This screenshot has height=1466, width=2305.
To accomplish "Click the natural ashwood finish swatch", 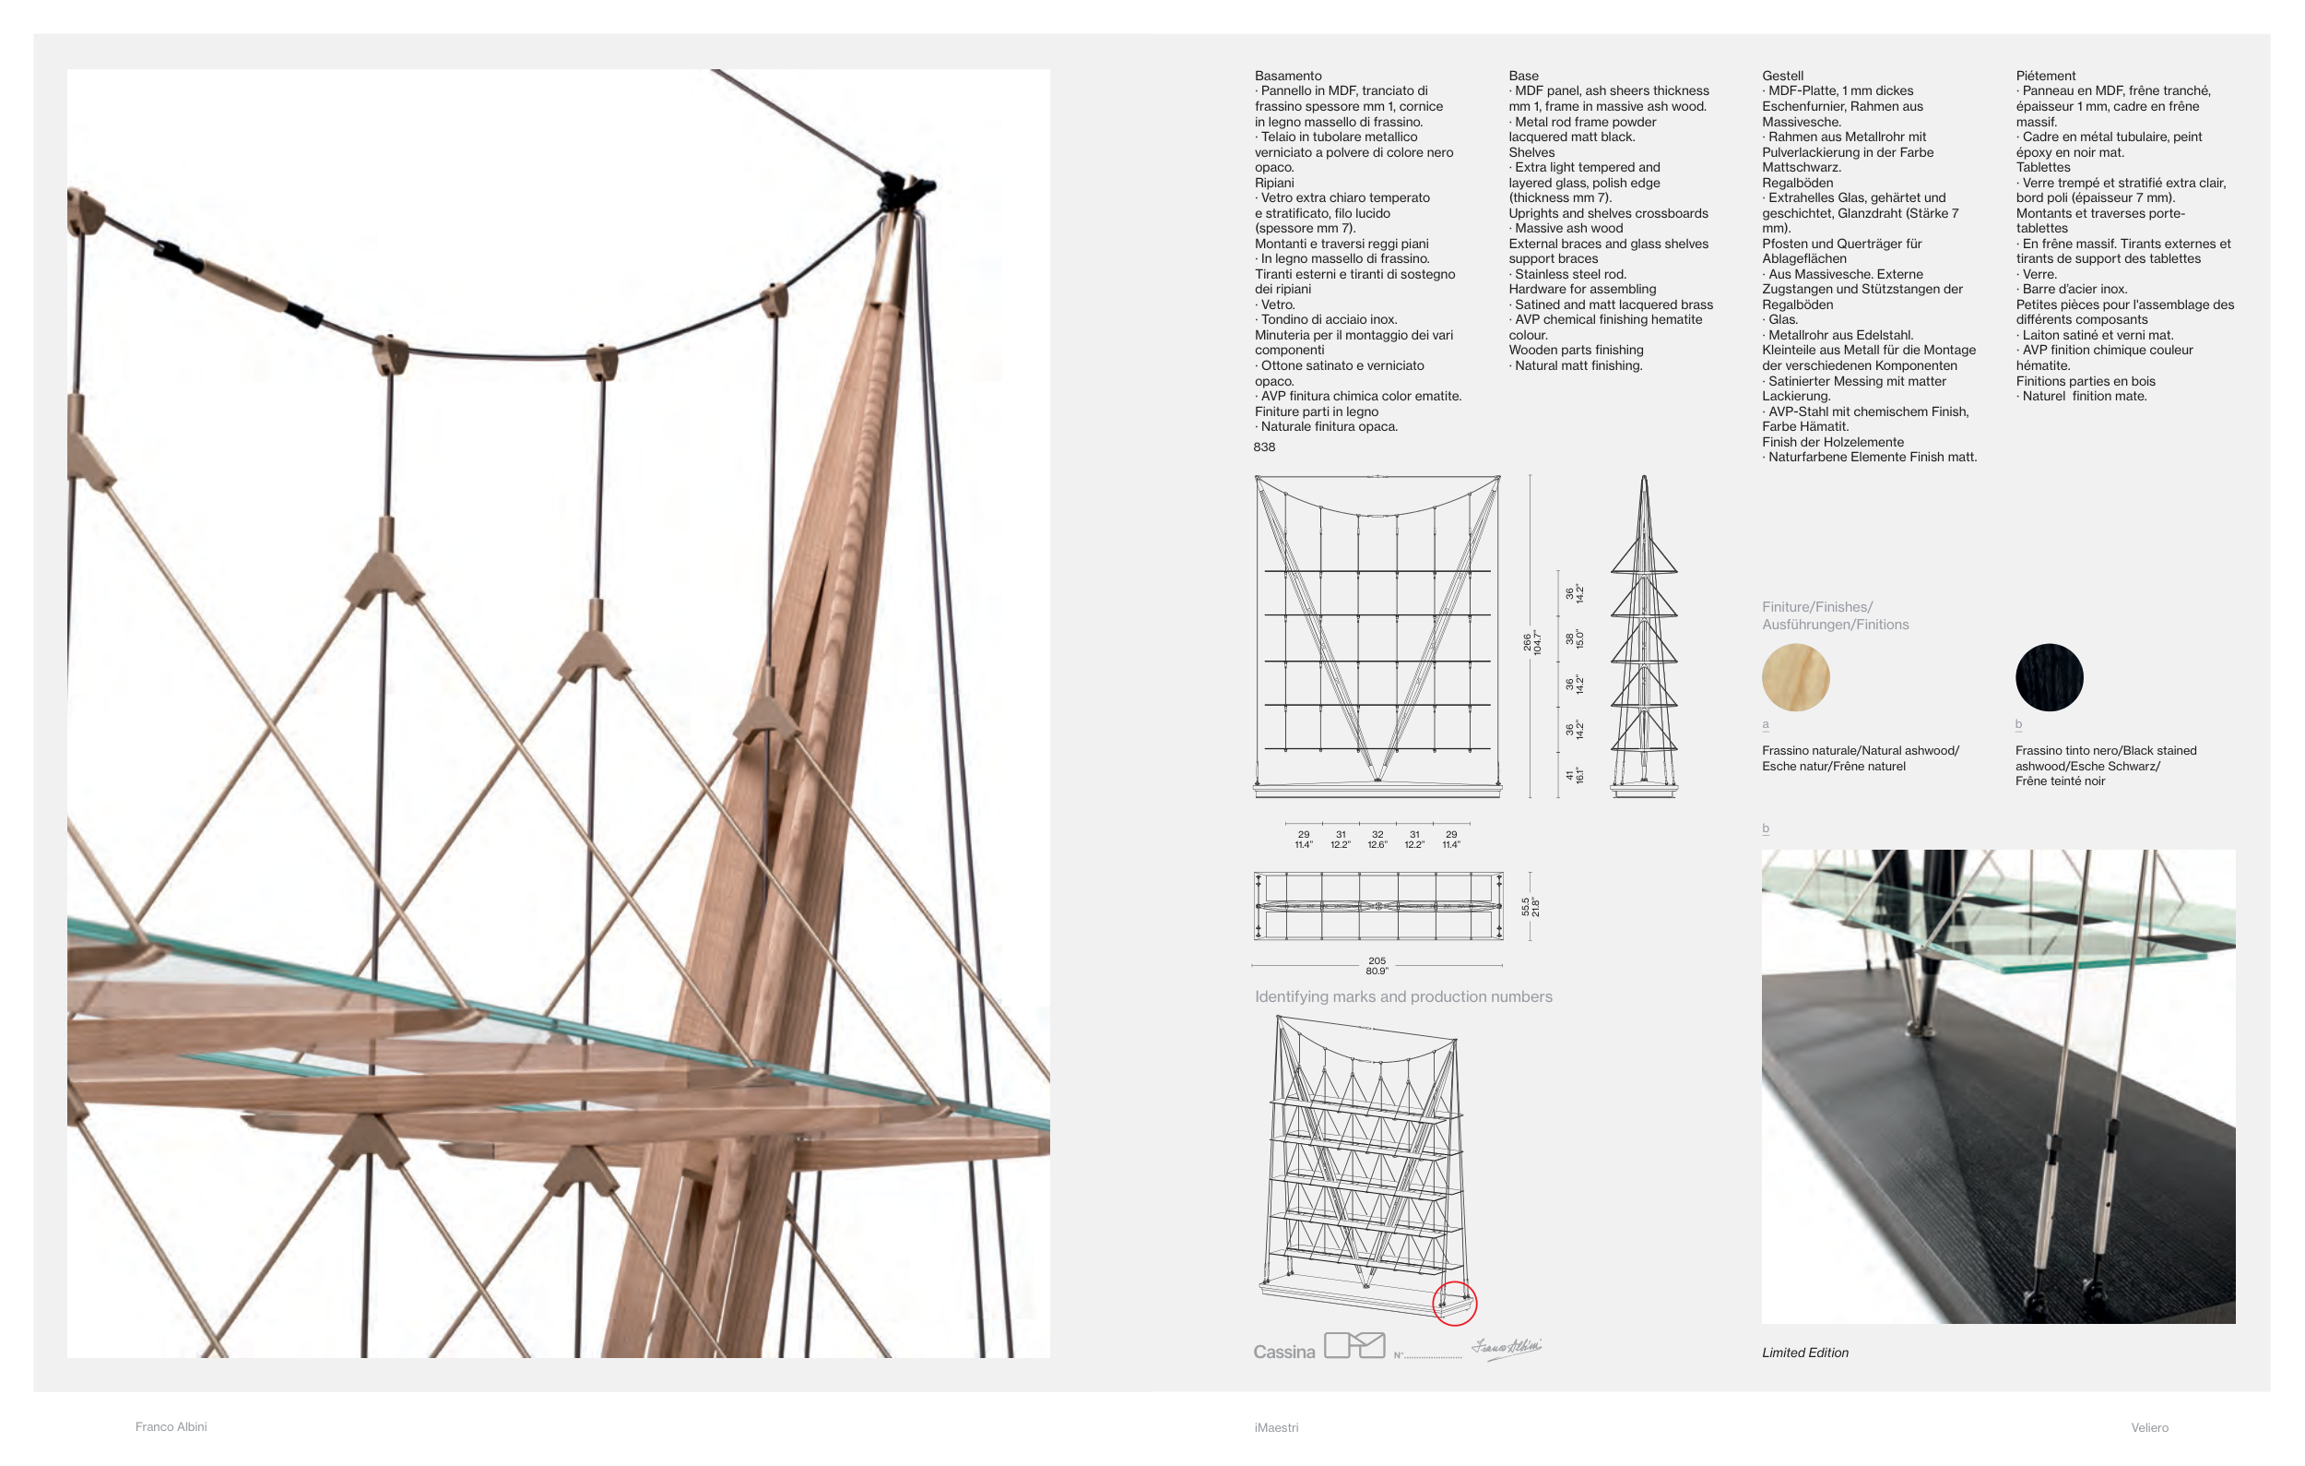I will (1795, 677).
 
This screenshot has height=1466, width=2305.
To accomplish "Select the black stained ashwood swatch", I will (2049, 677).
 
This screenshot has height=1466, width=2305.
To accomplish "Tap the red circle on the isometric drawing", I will (1454, 1304).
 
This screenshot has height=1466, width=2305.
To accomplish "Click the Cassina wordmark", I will (1283, 1351).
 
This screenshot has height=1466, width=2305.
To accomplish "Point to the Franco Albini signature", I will (1507, 1347).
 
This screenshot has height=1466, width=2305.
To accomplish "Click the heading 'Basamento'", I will (1287, 76).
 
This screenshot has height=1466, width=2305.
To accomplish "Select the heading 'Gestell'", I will (1781, 76).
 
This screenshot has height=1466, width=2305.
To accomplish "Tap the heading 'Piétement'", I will (2045, 76).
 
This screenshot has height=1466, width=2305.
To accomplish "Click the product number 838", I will (1263, 447).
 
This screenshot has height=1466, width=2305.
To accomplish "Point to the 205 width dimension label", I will (1377, 960).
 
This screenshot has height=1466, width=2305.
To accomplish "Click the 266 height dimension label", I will (1528, 641).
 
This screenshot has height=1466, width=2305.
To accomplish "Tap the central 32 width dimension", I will (1377, 835).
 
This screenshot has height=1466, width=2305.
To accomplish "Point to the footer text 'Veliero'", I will (2149, 1426).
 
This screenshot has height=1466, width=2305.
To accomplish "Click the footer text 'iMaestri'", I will (1276, 1426).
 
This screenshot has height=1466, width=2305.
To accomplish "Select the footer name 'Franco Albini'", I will (171, 1425).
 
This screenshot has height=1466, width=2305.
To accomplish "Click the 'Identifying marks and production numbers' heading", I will (1403, 996).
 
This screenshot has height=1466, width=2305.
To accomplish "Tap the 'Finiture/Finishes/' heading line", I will (1817, 607).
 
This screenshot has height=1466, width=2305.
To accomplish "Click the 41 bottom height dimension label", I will (1569, 775).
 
